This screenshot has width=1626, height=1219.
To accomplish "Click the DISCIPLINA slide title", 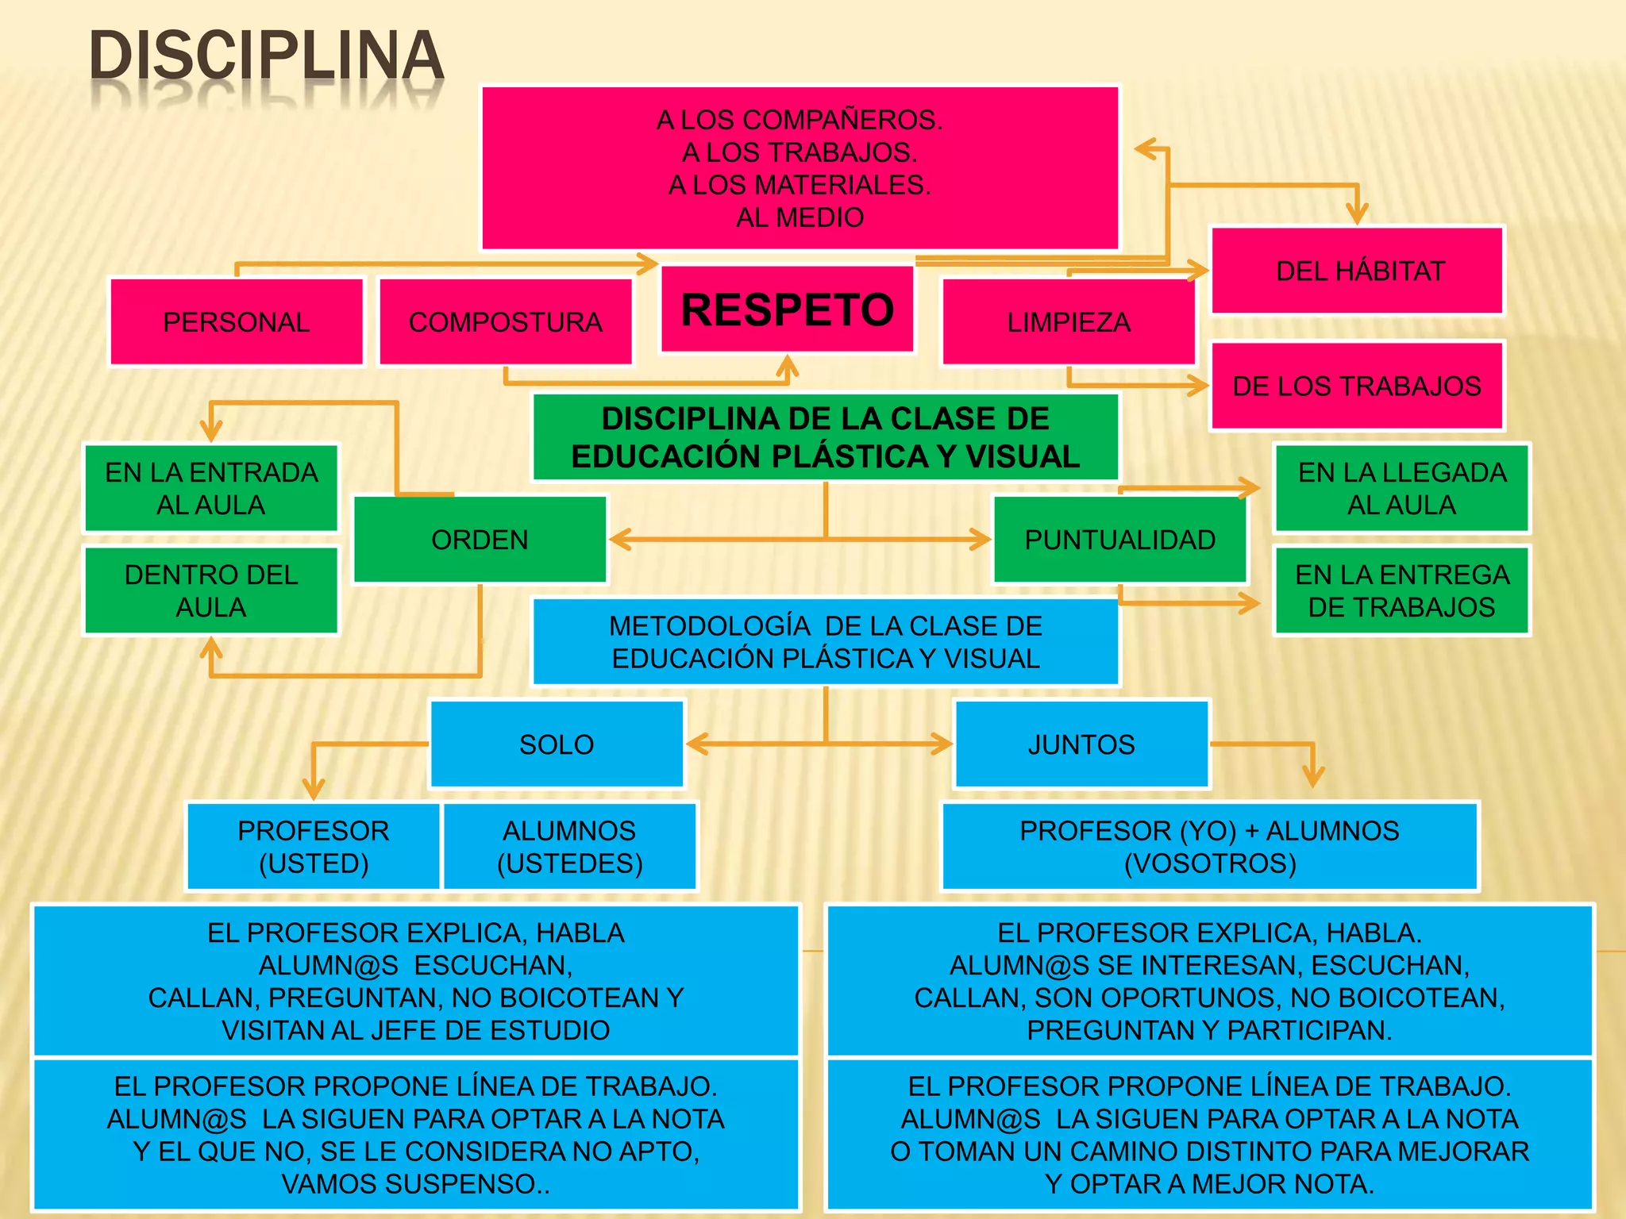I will point(266,57).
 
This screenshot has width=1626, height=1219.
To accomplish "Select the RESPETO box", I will point(787,309).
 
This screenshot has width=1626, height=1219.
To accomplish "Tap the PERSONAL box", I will point(236,322).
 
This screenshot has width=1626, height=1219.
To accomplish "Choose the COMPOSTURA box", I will point(505,322).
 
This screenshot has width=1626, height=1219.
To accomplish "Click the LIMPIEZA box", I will point(1068,322).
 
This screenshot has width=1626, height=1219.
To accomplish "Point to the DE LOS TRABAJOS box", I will point(1357,386).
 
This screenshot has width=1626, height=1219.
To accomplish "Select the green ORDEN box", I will point(480,540).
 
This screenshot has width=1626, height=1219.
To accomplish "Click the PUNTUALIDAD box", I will point(1119,540).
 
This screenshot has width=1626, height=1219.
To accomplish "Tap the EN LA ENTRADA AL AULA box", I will point(211,488).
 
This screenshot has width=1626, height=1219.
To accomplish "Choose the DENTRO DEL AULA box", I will point(211,590).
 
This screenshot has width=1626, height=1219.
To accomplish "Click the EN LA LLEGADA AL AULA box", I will point(1401,488).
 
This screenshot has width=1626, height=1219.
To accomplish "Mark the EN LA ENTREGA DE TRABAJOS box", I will point(1401,590).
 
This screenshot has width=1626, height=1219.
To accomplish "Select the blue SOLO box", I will point(557,744).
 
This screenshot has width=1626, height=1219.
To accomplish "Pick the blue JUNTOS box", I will point(1081,744).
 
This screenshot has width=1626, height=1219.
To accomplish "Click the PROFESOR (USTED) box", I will point(314,847).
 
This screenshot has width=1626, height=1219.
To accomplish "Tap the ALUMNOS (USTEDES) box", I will point(569,847).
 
